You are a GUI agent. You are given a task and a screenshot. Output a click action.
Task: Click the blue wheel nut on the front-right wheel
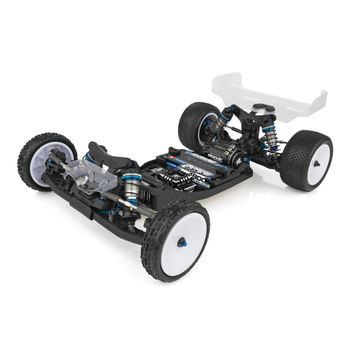(x=181, y=242)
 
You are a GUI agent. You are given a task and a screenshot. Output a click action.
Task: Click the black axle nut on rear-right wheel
(x=317, y=164)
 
